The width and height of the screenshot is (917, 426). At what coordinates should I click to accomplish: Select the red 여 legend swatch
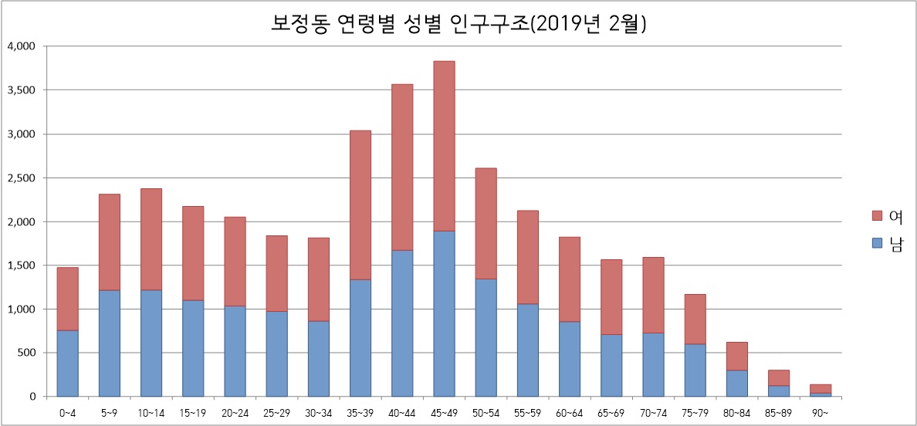876,215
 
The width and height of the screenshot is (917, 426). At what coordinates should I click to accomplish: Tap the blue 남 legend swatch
876,243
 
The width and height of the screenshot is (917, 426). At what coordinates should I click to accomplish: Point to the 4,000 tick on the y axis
21,46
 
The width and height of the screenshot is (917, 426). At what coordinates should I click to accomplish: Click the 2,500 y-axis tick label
21,178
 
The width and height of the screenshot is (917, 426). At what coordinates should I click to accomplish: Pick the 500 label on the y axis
26,353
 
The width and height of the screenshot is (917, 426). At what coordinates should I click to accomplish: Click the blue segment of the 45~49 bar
444,313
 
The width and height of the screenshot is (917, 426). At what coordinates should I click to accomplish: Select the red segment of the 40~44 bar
402,167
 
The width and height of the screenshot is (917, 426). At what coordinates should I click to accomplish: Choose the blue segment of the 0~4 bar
67,363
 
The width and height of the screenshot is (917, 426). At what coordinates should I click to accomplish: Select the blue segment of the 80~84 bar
736,384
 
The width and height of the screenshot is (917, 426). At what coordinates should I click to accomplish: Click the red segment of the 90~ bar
821,388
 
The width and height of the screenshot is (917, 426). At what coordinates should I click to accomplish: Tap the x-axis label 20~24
235,413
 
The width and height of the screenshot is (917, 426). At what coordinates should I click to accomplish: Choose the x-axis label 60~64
569,413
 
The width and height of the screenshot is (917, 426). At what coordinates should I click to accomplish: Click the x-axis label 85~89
778,413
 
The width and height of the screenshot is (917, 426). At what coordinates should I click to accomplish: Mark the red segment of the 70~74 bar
653,295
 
